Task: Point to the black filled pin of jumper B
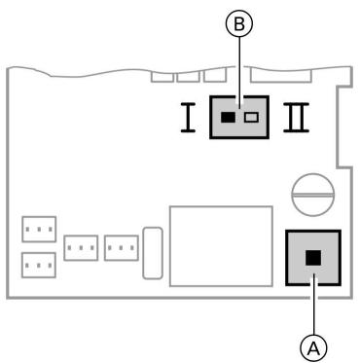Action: (227, 118)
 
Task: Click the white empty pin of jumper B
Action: (251, 118)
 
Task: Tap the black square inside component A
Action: (313, 258)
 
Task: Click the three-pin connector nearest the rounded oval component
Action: (121, 247)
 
